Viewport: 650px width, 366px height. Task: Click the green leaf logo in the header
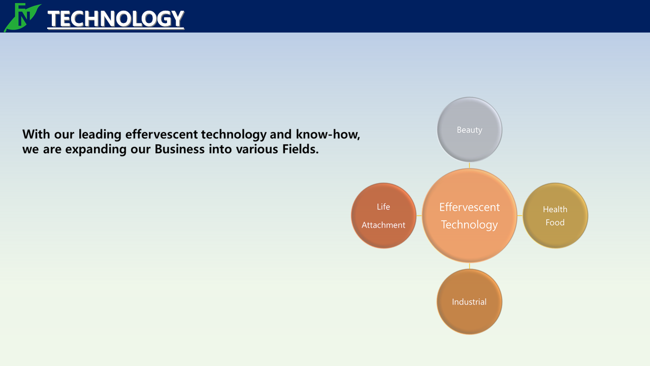tap(22, 17)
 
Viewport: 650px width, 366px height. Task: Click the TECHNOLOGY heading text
tap(116, 19)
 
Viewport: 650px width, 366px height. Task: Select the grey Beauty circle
tap(470, 130)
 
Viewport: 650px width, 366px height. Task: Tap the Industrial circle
tap(470, 301)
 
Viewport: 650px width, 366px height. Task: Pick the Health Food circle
tap(555, 216)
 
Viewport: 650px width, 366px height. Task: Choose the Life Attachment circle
tap(383, 216)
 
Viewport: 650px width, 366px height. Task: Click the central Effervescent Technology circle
tap(470, 216)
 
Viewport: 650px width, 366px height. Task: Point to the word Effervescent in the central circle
tap(470, 207)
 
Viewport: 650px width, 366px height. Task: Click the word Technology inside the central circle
tap(470, 225)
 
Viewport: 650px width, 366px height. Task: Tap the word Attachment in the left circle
tap(383, 225)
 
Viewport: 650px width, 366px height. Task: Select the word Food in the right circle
tap(555, 223)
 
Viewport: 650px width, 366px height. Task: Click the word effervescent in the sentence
tap(161, 134)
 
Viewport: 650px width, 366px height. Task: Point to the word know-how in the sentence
tap(328, 134)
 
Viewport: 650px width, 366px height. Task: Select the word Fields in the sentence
tap(301, 149)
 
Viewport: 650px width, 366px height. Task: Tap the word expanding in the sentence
tap(96, 149)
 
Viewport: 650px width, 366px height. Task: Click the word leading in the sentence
tap(100, 135)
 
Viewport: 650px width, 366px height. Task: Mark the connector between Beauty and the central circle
tap(470, 165)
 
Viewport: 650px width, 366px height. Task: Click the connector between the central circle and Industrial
tap(470, 266)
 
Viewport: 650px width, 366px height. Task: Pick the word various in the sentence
tap(257, 149)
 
